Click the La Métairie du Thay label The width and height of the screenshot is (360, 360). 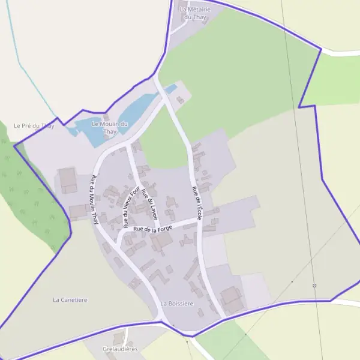pyautogui.click(x=196, y=13)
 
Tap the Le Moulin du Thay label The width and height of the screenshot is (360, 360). pyautogui.click(x=110, y=127)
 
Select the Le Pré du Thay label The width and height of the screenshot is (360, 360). pyautogui.click(x=34, y=125)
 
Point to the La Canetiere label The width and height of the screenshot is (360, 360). pyautogui.click(x=70, y=299)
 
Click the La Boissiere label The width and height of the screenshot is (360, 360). pyautogui.click(x=177, y=304)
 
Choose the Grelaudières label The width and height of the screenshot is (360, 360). pyautogui.click(x=120, y=349)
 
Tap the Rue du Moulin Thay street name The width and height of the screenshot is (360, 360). pyautogui.click(x=94, y=200)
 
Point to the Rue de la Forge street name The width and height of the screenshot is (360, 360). pyautogui.click(x=153, y=228)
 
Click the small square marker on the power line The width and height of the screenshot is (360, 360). pyautogui.click(x=314, y=286)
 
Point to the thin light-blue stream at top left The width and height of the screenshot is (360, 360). pyautogui.click(x=24, y=66)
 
